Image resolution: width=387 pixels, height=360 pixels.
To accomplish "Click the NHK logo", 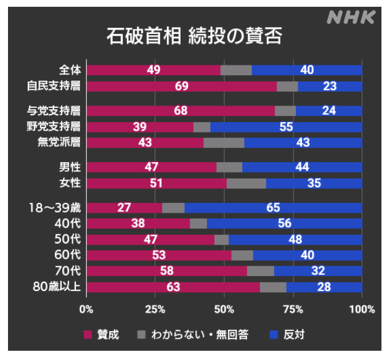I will click(350, 17).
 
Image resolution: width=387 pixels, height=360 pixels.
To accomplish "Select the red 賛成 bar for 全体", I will click(153, 70).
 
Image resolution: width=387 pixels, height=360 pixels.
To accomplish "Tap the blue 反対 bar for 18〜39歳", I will click(273, 208).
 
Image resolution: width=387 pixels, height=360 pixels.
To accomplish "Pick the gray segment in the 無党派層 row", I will click(224, 142).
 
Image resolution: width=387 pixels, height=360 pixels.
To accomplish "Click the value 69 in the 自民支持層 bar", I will click(181, 86).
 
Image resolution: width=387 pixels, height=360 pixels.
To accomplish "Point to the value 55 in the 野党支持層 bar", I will click(285, 126).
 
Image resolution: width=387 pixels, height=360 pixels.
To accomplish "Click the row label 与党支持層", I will click(54, 111).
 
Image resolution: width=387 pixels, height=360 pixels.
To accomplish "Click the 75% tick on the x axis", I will click(293, 309).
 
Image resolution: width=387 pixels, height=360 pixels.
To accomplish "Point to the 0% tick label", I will click(86, 309).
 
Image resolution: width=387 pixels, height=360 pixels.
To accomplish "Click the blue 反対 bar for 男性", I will click(302, 167).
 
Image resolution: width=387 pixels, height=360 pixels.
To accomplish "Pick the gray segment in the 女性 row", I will click(246, 183).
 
